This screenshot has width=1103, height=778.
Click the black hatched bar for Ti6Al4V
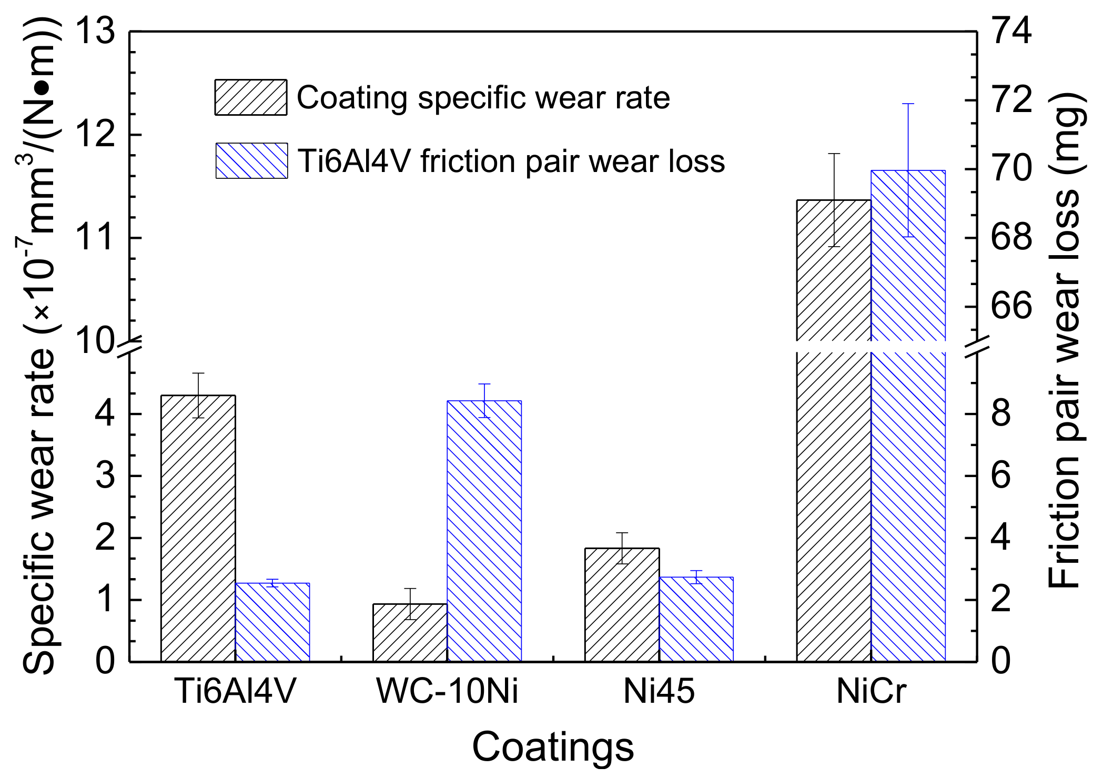(198, 528)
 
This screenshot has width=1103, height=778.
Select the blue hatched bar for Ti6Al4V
(272, 622)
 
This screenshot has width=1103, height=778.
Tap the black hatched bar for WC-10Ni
(410, 632)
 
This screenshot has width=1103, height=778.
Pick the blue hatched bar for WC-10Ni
(484, 531)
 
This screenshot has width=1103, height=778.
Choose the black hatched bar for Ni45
(622, 604)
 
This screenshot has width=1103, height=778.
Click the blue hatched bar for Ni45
(696, 619)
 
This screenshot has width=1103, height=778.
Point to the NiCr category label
(871, 691)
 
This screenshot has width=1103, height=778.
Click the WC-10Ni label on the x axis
(447, 691)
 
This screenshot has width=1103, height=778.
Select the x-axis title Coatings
(552, 746)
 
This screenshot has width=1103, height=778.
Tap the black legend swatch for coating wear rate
(251, 97)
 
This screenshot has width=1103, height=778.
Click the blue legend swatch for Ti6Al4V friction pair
(251, 160)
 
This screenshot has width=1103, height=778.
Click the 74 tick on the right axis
(1011, 32)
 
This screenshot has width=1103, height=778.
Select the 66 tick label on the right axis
(1011, 306)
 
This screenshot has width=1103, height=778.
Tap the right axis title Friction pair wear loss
(1065, 342)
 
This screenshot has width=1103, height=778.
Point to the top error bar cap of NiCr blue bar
(908, 104)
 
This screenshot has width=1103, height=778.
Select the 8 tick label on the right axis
(1001, 414)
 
